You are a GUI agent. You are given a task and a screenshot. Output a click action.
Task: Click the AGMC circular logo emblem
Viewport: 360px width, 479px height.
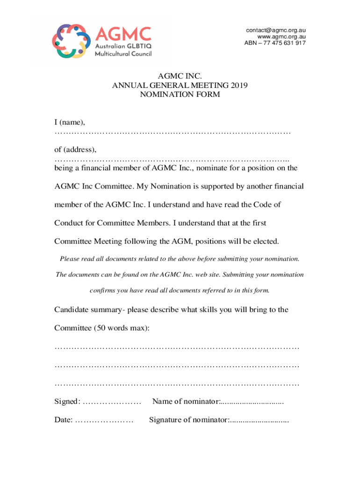(x=71, y=41)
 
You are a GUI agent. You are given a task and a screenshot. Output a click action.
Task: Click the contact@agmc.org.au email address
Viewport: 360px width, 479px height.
(x=276, y=30)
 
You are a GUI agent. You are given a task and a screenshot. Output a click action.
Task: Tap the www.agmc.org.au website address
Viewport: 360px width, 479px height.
(x=281, y=37)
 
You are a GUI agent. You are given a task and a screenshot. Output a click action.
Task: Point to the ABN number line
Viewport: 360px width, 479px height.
(x=275, y=43)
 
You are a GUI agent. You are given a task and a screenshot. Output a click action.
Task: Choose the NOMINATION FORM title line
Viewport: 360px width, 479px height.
(x=180, y=94)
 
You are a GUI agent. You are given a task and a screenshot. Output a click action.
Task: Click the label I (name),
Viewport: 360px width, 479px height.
(x=70, y=123)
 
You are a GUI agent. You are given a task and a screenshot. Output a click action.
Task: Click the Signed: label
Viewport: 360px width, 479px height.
(x=67, y=402)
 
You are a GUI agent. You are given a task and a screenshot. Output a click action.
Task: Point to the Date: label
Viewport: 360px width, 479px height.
(x=64, y=420)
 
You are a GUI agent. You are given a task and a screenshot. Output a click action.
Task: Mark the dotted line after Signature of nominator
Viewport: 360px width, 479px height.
(x=259, y=421)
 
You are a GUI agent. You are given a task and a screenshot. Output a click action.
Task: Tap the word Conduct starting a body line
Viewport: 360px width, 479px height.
(x=69, y=223)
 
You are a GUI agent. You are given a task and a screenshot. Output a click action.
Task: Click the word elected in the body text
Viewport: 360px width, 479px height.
(x=265, y=241)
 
